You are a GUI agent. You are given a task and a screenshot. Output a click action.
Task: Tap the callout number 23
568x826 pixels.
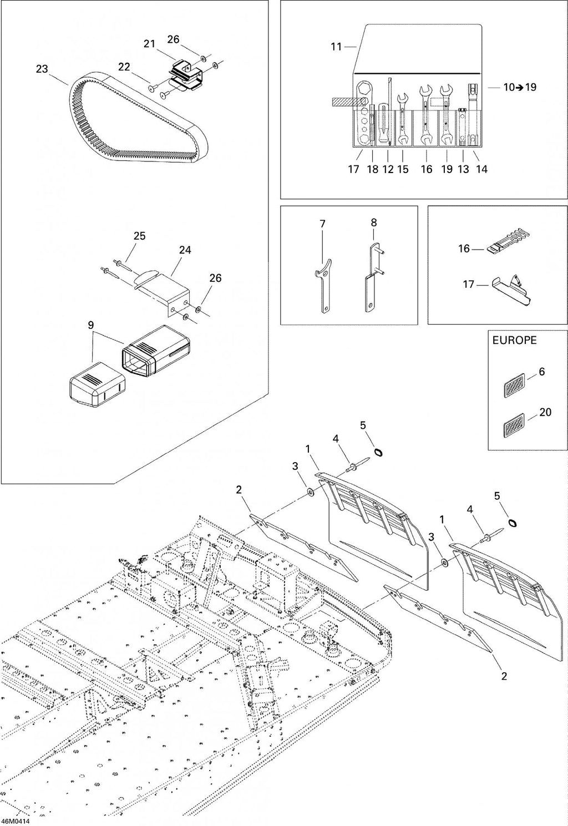42,69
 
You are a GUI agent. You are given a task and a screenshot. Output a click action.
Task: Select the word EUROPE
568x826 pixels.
515,341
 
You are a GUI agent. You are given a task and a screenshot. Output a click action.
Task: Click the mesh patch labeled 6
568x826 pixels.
514,385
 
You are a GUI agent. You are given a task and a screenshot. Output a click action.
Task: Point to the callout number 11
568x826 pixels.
336,47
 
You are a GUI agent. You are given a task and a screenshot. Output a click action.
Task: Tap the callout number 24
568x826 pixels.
185,250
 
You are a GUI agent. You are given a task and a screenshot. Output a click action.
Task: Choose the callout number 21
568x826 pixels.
149,44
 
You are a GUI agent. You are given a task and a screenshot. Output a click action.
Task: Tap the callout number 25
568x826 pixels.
139,236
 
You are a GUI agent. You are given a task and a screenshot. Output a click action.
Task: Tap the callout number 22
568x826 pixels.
124,67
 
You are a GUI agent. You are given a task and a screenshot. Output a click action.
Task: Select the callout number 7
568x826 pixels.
322,224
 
